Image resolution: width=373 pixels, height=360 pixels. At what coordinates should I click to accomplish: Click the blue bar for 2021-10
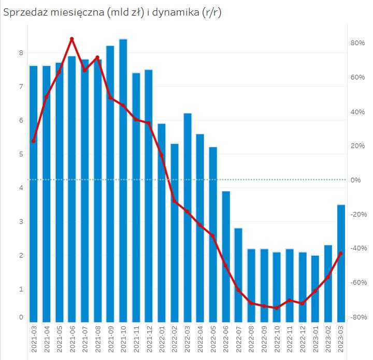pos(123,182)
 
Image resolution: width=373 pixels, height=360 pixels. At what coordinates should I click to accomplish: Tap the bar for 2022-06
pos(226,256)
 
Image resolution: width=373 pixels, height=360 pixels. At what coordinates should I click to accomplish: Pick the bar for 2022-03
pos(188,218)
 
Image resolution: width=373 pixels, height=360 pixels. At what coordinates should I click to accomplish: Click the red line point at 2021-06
pos(72,39)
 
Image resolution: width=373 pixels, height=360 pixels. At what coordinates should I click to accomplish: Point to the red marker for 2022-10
pos(277,308)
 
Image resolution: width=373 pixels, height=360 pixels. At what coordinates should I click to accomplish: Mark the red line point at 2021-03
pos(34,141)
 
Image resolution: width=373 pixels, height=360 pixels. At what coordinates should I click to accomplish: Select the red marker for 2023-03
pos(341,253)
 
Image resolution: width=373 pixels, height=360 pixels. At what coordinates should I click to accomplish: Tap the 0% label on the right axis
pos(356,180)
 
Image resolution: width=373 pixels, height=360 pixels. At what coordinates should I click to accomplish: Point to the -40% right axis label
pos(357,248)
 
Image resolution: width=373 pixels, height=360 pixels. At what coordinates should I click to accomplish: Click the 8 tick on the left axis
pos(21,52)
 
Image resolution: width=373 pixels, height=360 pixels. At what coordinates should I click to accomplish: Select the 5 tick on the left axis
pos(21,154)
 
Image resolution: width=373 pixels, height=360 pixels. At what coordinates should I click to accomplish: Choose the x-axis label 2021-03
pos(34,340)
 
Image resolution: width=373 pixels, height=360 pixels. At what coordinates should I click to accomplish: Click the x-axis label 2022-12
pos(303,340)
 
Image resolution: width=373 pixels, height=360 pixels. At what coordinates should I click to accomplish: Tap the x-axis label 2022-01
pos(162,340)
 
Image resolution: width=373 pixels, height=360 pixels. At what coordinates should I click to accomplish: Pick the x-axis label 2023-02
pos(328,340)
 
